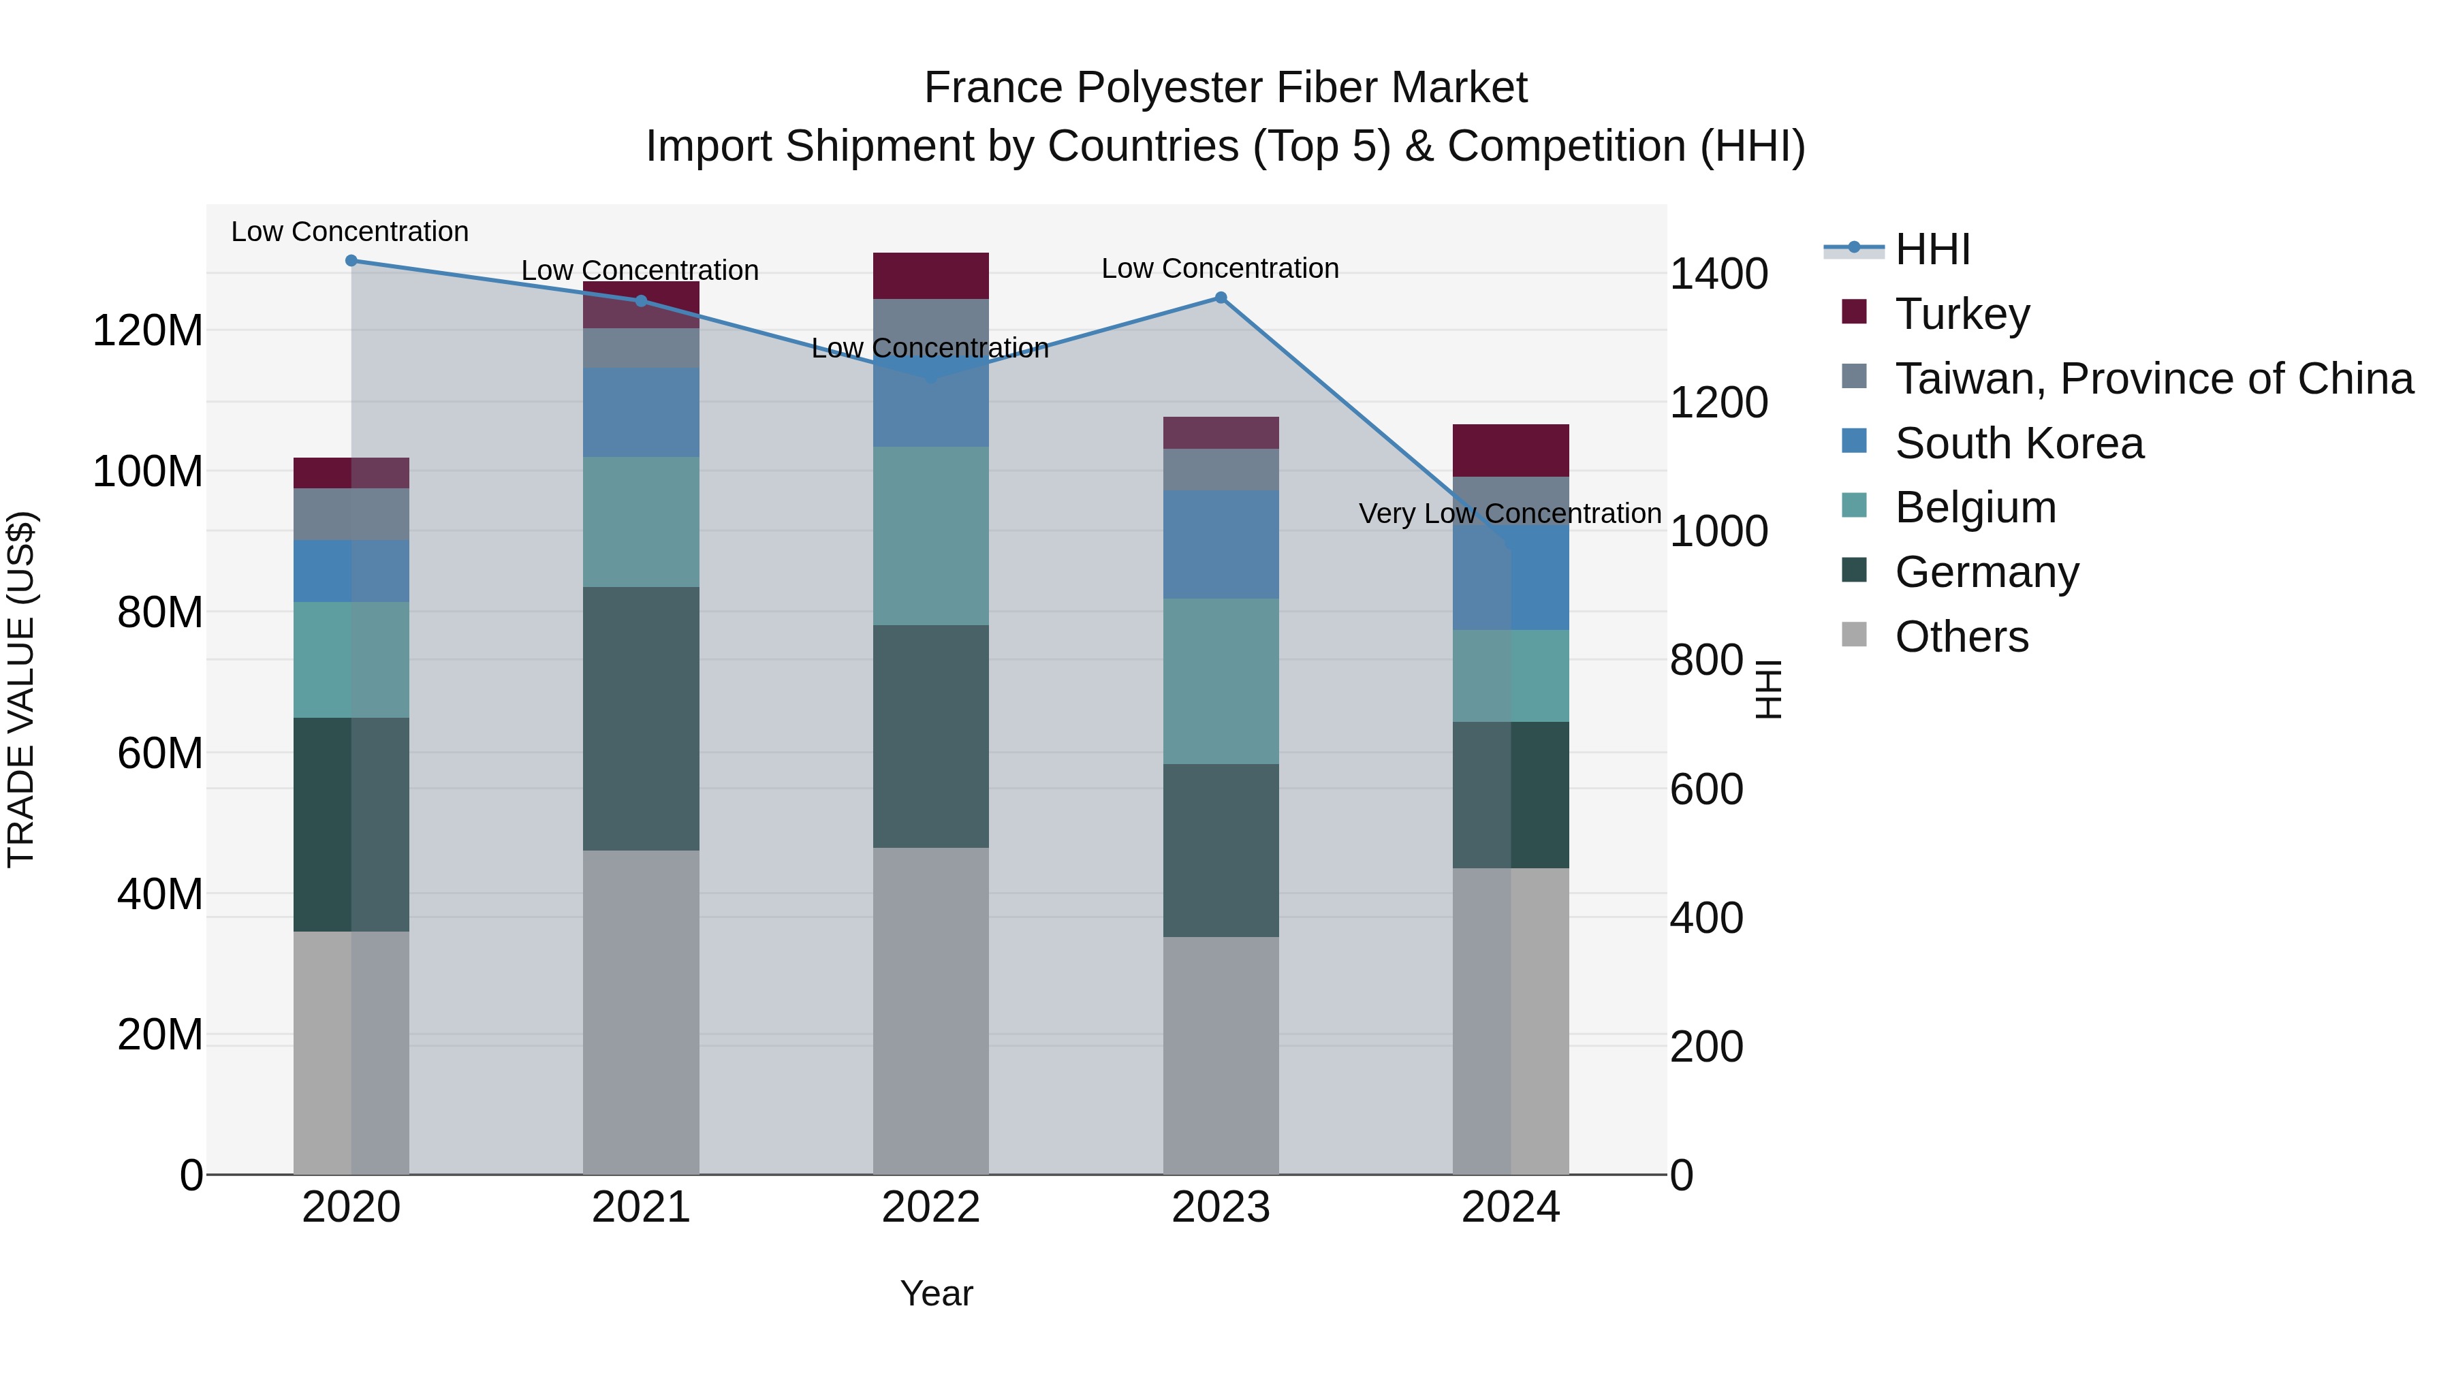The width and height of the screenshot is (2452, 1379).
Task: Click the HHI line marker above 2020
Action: tap(351, 261)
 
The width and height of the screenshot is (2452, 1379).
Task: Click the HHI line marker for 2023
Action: tap(1221, 298)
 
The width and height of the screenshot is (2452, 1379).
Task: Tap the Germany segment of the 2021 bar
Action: tap(641, 718)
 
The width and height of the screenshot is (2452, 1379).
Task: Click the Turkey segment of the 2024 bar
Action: tap(1511, 450)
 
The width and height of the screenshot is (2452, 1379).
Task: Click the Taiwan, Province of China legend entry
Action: tap(2153, 379)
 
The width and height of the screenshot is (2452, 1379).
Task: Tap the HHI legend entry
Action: tap(1932, 249)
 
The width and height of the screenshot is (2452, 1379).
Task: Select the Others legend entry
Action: tap(1961, 637)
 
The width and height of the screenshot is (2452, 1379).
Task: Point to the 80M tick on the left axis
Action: tap(160, 613)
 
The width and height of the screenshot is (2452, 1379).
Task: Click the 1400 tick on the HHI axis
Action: tap(1718, 274)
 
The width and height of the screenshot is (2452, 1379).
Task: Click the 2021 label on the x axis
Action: tap(641, 1207)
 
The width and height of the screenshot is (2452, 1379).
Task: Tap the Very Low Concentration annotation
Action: tap(1509, 514)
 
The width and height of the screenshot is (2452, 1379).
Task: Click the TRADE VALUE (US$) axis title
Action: tap(22, 689)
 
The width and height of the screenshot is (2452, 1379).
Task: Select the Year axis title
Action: tap(937, 1293)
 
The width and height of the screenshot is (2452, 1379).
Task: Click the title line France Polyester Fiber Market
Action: tap(1225, 89)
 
